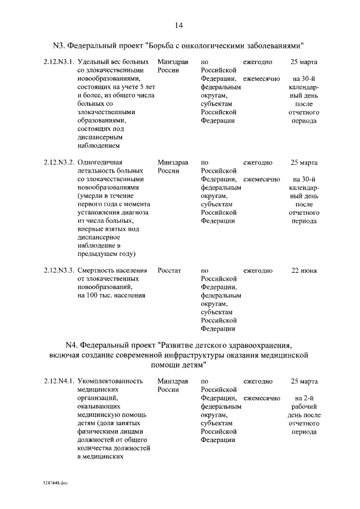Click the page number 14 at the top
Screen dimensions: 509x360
(x=179, y=25)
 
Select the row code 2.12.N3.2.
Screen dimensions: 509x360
(x=59, y=163)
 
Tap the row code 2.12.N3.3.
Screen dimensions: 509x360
(x=59, y=271)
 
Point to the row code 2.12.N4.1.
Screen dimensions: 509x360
(x=59, y=381)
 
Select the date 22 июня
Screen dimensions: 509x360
(x=304, y=271)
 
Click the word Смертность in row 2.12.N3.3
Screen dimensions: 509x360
(x=97, y=271)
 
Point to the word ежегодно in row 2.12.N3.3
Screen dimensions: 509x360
(x=258, y=271)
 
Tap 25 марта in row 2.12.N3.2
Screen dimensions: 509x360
(x=304, y=163)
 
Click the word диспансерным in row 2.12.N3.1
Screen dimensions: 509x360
(x=100, y=137)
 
